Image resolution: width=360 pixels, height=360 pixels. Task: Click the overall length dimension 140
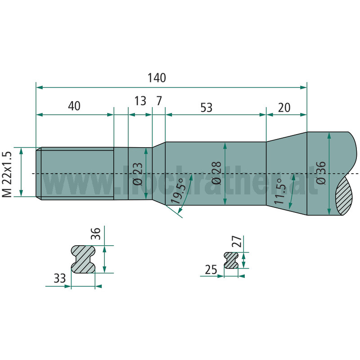click(x=157, y=78)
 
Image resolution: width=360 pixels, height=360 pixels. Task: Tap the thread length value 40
click(x=74, y=106)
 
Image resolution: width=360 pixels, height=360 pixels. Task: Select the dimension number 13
click(x=140, y=101)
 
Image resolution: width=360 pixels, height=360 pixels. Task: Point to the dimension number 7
click(x=159, y=101)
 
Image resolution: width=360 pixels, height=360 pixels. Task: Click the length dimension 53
click(x=207, y=108)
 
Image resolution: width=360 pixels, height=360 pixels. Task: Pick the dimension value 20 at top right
click(x=284, y=108)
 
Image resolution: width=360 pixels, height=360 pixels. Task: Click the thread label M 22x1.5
click(x=7, y=174)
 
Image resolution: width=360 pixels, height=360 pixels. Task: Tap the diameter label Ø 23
click(x=138, y=174)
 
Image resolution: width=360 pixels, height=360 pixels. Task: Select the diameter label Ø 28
click(x=217, y=173)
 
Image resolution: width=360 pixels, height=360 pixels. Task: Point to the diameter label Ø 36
click(x=321, y=173)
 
